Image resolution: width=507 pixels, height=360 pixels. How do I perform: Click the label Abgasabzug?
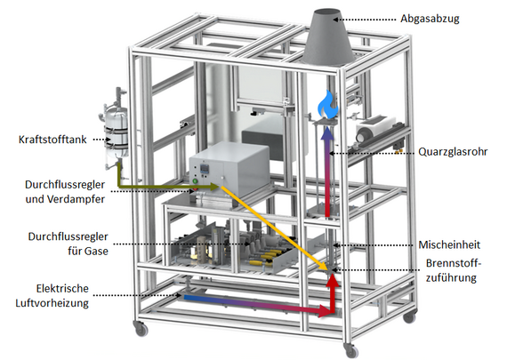(x=430, y=19)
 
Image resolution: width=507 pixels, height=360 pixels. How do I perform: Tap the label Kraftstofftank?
(x=52, y=140)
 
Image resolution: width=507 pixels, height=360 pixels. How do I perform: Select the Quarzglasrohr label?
(x=453, y=152)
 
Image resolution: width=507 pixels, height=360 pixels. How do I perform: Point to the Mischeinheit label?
(x=449, y=244)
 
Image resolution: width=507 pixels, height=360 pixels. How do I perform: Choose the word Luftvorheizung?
(x=52, y=303)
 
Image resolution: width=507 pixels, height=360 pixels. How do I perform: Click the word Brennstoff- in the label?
(x=454, y=263)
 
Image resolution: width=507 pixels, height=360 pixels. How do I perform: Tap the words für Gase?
(x=88, y=251)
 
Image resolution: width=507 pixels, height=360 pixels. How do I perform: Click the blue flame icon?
(x=327, y=104)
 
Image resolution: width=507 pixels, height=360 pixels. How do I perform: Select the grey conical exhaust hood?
(x=327, y=37)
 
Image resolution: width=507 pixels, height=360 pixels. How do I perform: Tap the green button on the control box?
(x=195, y=181)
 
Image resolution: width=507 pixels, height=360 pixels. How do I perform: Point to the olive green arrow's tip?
(x=219, y=187)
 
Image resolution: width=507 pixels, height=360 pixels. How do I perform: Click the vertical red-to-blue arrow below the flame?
(x=327, y=172)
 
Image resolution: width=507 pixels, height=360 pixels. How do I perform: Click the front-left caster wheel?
(x=141, y=329)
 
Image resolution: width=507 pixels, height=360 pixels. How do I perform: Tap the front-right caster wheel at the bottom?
(x=351, y=350)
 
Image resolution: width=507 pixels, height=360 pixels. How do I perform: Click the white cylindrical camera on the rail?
(x=375, y=129)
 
